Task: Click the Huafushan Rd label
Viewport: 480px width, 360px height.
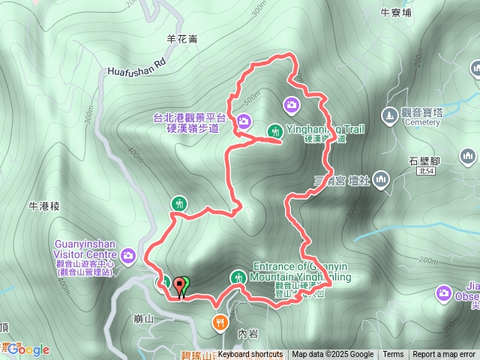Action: pos(136,70)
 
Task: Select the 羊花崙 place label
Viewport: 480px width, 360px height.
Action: pos(182,39)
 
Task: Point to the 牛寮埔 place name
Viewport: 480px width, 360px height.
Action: pos(396,13)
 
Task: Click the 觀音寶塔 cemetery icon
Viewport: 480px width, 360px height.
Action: pos(388,115)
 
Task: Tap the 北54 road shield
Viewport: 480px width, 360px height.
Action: pos(426,172)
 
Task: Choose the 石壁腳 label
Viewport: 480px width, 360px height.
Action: pos(424,160)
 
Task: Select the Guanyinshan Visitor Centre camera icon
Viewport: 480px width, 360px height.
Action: pos(128,256)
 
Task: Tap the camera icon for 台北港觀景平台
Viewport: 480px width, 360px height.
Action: pos(244,121)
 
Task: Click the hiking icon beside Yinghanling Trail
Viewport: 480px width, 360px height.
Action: pos(274,130)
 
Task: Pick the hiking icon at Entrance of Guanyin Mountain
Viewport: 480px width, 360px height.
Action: pos(238,277)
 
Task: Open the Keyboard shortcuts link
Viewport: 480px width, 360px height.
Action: pos(250,355)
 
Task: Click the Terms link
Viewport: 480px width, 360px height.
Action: pos(393,355)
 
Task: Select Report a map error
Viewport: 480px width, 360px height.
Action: pos(444,355)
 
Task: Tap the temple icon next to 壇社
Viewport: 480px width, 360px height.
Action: pos(382,179)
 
